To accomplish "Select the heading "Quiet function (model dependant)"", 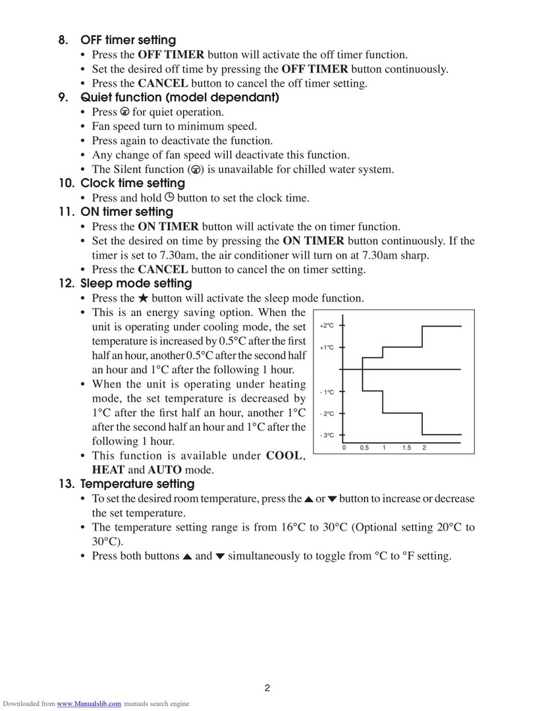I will (179, 97).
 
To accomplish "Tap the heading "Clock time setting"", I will (132, 183).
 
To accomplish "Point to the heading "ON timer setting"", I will (126, 212).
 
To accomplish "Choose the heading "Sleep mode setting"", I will (136, 284).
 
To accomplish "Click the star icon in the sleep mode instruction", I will (143, 298).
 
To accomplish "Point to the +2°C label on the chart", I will (327, 326).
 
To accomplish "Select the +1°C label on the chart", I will (327, 347).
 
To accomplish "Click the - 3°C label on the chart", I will (327, 435).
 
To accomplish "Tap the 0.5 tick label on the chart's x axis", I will (364, 448).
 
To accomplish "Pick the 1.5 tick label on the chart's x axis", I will (406, 448).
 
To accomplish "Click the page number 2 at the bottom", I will (268, 689).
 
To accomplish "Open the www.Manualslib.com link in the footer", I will (89, 704).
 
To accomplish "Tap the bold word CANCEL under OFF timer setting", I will (163, 84).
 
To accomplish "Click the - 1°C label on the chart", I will (327, 392).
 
